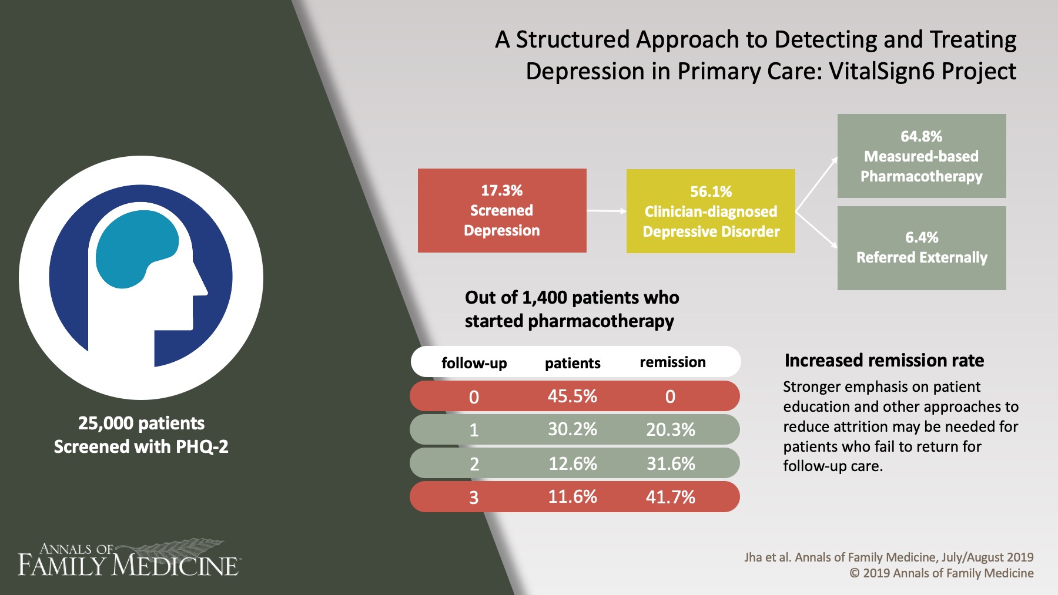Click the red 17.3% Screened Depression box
tap(501, 210)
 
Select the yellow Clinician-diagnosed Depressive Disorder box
tap(710, 211)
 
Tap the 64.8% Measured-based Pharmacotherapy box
tap(921, 156)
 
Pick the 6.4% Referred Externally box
tap(921, 248)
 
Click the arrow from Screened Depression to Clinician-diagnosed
tap(606, 211)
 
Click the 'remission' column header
tap(672, 362)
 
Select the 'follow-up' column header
tap(474, 363)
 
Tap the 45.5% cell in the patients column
tap(572, 396)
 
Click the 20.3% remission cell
tap(670, 430)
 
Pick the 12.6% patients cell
tap(572, 464)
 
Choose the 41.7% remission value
tap(670, 497)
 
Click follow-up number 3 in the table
tap(474, 498)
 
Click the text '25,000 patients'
tap(141, 423)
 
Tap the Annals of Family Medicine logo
tap(128, 559)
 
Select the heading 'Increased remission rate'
tap(883, 360)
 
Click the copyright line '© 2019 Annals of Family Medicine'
tap(941, 573)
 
